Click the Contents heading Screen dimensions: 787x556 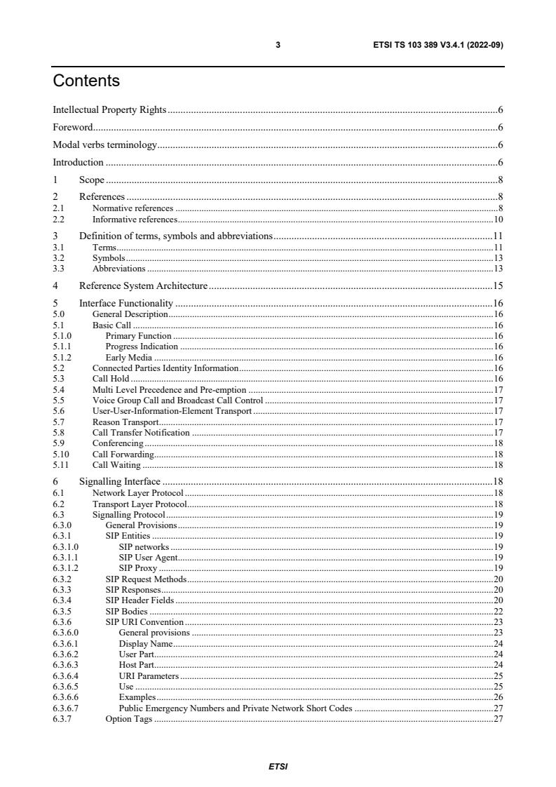(86, 81)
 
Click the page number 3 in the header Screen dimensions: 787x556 (278, 45)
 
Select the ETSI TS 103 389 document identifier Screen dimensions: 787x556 (438, 45)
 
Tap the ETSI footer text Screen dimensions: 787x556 (278, 767)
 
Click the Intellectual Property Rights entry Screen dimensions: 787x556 (109, 109)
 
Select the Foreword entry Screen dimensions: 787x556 (73, 128)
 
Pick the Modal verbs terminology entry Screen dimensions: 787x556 (105, 145)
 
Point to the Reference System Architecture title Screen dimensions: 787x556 (143, 285)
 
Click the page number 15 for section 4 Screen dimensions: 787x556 (499, 285)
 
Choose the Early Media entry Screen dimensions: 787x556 (128, 358)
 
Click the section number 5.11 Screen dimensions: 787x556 (61, 464)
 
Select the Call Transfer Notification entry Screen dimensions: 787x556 (141, 433)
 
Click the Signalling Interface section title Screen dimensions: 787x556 (120, 481)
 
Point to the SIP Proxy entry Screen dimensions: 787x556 (137, 567)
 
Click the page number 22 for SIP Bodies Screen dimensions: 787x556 (499, 611)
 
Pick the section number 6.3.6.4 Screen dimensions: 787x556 (65, 675)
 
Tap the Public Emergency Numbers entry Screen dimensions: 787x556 (236, 708)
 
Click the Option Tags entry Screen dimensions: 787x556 (128, 719)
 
